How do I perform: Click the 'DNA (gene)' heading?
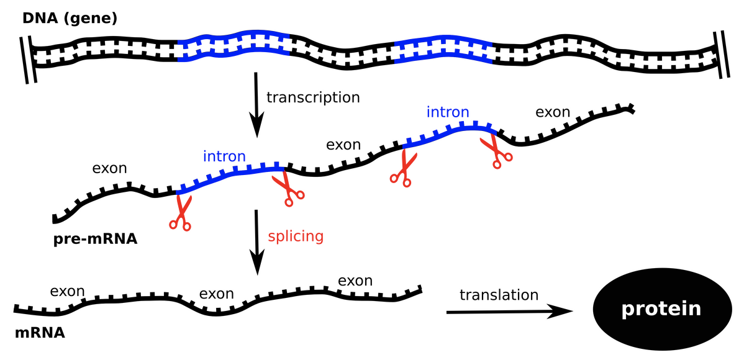(x=70, y=19)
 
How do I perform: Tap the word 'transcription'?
(x=313, y=97)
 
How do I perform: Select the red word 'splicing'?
(x=296, y=236)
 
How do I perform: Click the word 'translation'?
(x=499, y=294)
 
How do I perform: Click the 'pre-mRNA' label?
(x=95, y=238)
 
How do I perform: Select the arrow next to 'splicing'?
(x=255, y=242)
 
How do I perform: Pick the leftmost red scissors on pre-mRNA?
(x=181, y=213)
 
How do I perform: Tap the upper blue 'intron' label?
(x=447, y=112)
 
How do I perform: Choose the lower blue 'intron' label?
(x=224, y=156)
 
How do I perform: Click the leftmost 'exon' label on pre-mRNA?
(x=109, y=168)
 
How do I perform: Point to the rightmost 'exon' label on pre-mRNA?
(x=552, y=112)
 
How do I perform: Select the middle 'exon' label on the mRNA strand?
(x=216, y=293)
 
